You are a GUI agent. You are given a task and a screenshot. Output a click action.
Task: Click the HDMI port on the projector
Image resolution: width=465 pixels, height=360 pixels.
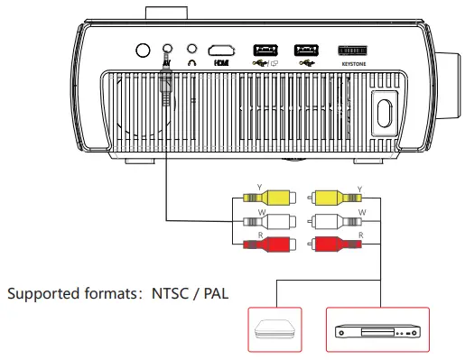[220, 51]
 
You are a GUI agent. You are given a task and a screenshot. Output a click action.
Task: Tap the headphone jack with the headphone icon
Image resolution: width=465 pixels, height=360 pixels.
[191, 51]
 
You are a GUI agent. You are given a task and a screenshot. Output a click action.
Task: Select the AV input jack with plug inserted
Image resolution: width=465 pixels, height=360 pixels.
[166, 51]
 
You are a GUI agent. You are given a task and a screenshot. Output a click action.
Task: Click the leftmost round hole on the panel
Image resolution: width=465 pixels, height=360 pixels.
[141, 51]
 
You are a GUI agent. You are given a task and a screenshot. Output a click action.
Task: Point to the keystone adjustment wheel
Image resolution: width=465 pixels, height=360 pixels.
[355, 51]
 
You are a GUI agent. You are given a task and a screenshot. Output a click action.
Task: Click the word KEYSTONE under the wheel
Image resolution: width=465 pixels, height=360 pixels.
[355, 65]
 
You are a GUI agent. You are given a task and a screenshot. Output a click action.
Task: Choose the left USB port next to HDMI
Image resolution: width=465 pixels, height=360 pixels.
[264, 51]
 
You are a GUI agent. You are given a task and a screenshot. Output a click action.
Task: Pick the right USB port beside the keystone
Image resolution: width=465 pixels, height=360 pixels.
[306, 51]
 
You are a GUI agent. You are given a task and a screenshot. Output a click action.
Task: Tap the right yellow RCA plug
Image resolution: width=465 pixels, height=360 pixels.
[328, 198]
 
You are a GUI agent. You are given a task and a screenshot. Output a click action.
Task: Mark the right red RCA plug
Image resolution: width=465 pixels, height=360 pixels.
[328, 244]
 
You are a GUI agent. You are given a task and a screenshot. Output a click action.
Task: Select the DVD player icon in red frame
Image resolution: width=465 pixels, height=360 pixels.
[378, 331]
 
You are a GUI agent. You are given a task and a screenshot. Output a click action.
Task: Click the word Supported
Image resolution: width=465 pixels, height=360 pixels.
[40, 294]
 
